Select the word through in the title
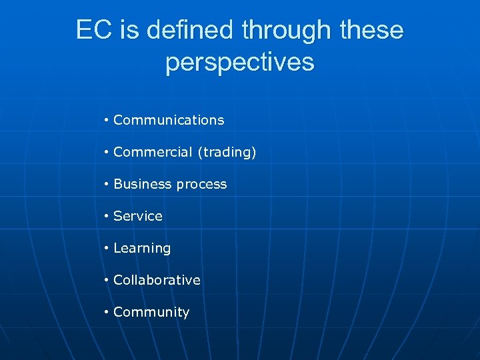click(287, 30)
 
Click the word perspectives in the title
click(239, 62)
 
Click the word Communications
click(169, 120)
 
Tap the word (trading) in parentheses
click(227, 153)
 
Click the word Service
click(138, 216)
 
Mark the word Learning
click(142, 249)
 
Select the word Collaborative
click(157, 280)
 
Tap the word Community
click(151, 313)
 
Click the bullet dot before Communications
click(107, 121)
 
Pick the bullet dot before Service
click(107, 217)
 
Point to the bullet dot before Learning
click(107, 249)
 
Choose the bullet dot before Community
click(107, 313)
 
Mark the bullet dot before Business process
click(107, 185)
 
